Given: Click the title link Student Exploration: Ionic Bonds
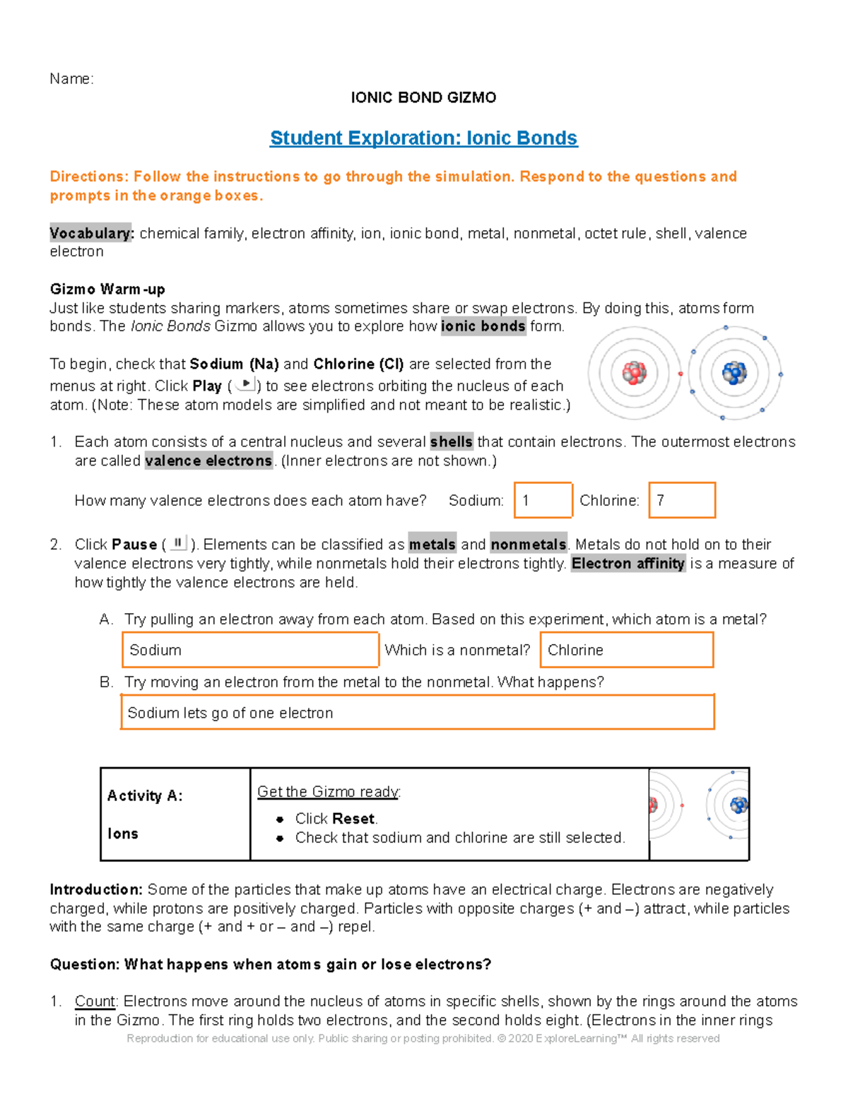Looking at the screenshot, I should [423, 138].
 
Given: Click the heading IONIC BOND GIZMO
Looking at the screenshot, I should [423, 97].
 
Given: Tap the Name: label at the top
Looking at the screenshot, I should [71, 78].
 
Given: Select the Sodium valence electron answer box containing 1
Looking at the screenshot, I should [543, 500].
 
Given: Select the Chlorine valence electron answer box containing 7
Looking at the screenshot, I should [682, 500].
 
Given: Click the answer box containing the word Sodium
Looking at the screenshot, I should [251, 650].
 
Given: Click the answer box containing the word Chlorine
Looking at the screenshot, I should [627, 650].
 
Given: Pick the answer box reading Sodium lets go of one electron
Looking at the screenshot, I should [418, 712].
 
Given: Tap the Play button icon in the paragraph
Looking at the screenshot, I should [245, 384].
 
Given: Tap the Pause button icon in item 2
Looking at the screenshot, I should [178, 543].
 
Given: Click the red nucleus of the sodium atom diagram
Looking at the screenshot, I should [634, 373].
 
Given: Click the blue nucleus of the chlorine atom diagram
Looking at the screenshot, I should [734, 372].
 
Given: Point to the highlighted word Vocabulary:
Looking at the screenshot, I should [91, 233].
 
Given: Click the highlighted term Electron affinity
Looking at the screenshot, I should [628, 563].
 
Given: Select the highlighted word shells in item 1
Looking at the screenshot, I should [451, 442].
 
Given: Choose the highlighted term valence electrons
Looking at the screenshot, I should [208, 461].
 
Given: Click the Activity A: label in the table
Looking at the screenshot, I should [145, 796].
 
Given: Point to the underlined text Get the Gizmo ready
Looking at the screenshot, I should [328, 792].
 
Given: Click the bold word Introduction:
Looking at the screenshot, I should [96, 889].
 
